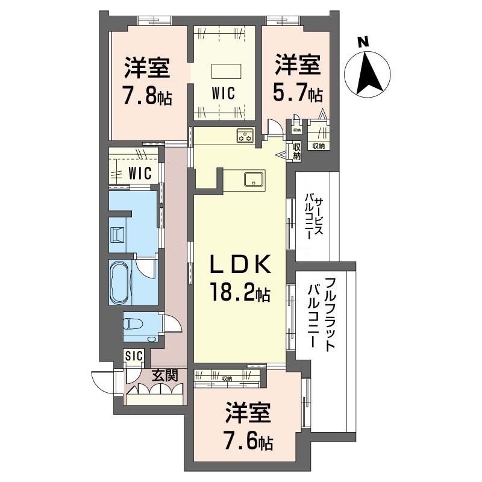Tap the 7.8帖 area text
(147, 95)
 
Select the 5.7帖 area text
(298, 92)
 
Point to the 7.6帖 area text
(249, 442)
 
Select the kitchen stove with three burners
(245, 136)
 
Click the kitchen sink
(254, 179)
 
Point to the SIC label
(134, 356)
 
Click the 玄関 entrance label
(165, 375)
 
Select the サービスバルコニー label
(313, 217)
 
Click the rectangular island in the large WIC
(226, 72)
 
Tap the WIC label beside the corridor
(140, 173)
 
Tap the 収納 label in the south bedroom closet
(227, 378)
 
